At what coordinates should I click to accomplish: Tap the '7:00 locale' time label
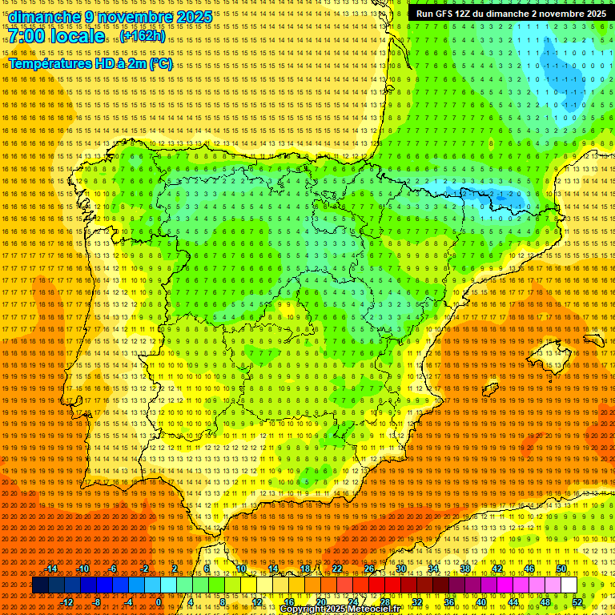coord(57,36)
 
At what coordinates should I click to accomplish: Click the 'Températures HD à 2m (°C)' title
coord(90,63)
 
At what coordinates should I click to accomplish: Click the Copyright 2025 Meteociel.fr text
coord(340,609)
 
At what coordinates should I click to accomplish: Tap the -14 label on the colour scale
coord(52,569)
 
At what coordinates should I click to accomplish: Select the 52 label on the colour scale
coord(577,601)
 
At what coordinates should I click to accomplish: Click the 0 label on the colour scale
coord(159,601)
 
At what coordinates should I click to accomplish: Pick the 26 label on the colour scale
coord(369,569)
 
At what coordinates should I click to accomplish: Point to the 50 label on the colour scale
coord(561,569)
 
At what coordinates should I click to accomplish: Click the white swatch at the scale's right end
coord(569,585)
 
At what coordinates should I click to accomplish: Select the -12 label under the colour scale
coord(68,601)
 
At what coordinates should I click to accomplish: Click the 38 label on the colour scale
coord(465,569)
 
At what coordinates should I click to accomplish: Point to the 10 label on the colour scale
coord(241,569)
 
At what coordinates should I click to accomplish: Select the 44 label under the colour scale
coord(513,601)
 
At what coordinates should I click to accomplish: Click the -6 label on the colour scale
coord(113,569)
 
